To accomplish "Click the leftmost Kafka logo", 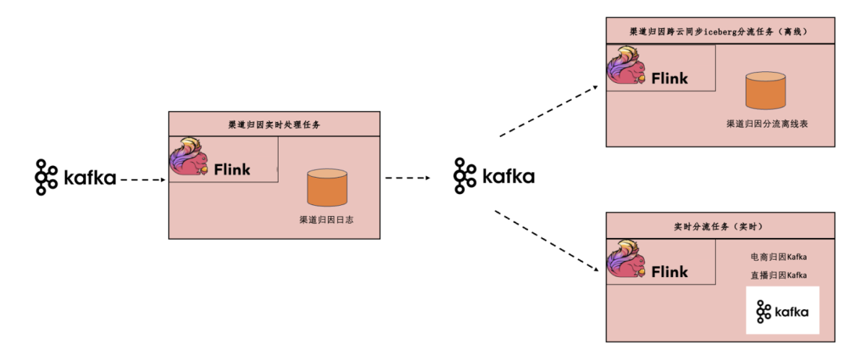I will tap(75, 178).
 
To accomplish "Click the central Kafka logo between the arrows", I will tap(494, 175).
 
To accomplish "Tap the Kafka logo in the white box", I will tap(782, 311).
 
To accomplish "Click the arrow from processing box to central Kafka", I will tap(408, 178).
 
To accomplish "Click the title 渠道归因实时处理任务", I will tap(274, 124).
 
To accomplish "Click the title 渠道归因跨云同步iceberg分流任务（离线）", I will tap(717, 32).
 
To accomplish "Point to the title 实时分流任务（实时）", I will tap(717, 226).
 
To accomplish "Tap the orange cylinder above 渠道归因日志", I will tap(326, 188).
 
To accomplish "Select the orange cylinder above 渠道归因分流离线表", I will tap(764, 90).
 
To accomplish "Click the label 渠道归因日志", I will tap(326, 220).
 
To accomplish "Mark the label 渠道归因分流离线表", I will tap(764, 123).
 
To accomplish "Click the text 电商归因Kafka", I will tap(778, 256).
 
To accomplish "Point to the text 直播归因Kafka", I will tap(778, 275).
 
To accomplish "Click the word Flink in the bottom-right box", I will tap(670, 272).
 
